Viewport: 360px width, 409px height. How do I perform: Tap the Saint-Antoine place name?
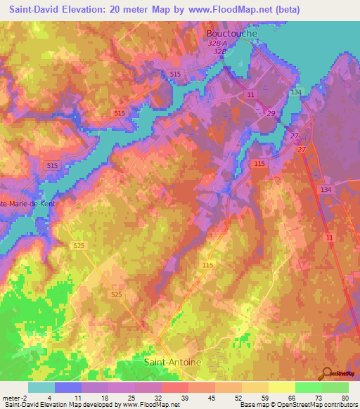click(172, 363)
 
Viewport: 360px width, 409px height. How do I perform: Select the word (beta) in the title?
click(288, 10)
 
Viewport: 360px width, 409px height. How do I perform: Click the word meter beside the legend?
click(12, 397)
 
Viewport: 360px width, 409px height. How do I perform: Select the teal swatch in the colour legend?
click(41, 387)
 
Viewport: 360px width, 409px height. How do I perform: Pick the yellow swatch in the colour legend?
click(281, 387)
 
